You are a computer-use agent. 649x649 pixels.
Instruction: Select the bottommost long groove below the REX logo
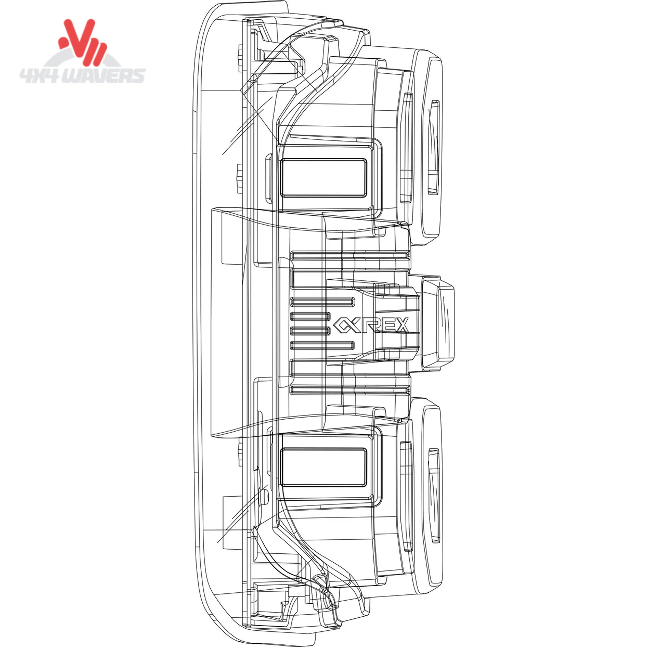click(x=351, y=390)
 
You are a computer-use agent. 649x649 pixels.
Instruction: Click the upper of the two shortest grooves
click(x=310, y=315)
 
